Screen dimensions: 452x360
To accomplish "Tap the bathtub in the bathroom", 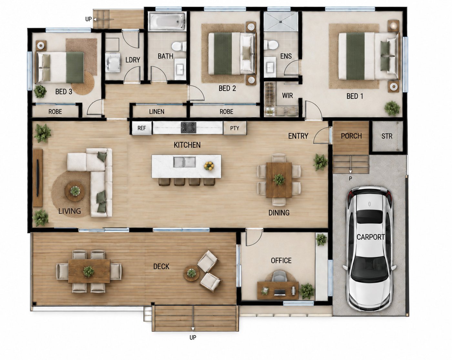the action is coord(167,21).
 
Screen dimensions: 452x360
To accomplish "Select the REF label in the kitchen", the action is coord(141,128).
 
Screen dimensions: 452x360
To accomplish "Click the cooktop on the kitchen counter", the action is coord(189,128).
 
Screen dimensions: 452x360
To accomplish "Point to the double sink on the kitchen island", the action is coord(184,162).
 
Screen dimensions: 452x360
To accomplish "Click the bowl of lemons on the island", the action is coord(209,165).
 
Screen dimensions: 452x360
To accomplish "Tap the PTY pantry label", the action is coord(235,128).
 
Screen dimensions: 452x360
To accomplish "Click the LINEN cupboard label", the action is coord(157,112).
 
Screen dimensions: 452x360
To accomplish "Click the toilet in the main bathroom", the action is coord(179,46).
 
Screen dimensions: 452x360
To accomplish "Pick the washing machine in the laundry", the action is coord(113,63).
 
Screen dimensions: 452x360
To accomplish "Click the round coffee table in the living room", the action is coord(75,191).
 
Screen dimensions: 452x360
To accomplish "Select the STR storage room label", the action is coord(387,136).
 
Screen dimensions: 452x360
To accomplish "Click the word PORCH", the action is coord(351,136).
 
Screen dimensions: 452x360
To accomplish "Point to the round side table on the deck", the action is coord(191,273).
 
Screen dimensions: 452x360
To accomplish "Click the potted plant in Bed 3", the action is coord(40,91).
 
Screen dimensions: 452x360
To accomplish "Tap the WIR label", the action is coord(287,95).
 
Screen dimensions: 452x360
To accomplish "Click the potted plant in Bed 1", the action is coord(392,108).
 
